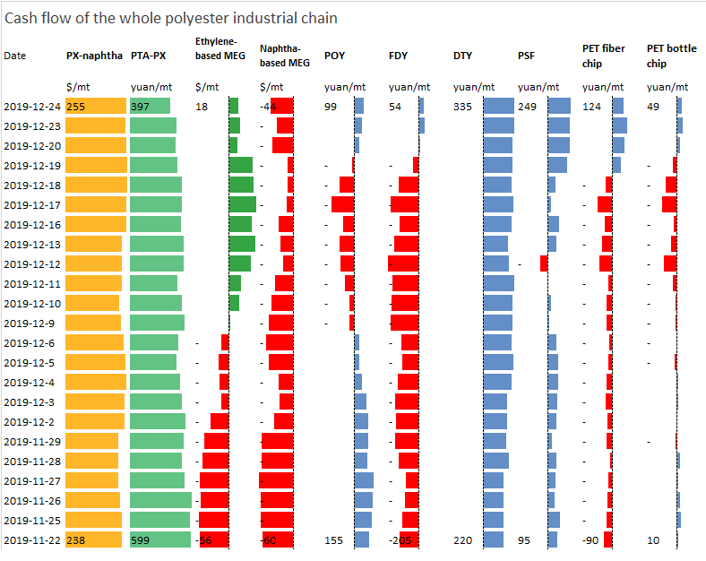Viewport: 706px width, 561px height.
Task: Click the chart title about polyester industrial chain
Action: pyautogui.click(x=172, y=18)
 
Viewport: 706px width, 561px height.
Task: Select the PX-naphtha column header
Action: pyautogui.click(x=94, y=56)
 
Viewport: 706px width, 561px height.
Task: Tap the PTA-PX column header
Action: pyautogui.click(x=149, y=56)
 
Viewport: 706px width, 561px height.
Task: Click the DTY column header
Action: pyautogui.click(x=463, y=56)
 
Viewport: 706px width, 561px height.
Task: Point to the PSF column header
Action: pyautogui.click(x=527, y=56)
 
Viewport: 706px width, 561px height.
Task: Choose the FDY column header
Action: pyautogui.click(x=398, y=56)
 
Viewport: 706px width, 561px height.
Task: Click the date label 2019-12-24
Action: pyautogui.click(x=32, y=107)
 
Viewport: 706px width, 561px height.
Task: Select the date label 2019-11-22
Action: pyautogui.click(x=32, y=540)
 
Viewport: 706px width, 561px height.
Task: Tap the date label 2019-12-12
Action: pyautogui.click(x=32, y=264)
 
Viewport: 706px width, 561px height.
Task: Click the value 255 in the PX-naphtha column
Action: pyautogui.click(x=75, y=107)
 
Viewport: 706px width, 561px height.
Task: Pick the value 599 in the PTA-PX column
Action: pyautogui.click(x=141, y=540)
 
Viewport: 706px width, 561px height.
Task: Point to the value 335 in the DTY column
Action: pyautogui.click(x=463, y=107)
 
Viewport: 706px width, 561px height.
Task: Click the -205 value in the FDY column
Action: pyautogui.click(x=400, y=540)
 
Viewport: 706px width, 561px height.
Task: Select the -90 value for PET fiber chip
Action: pyautogui.click(x=592, y=540)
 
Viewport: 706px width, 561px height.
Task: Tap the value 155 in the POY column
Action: pyautogui.click(x=333, y=540)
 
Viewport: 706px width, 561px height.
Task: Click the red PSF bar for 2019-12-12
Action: pyautogui.click(x=544, y=263)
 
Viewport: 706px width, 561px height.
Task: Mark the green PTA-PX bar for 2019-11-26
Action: pyautogui.click(x=160, y=500)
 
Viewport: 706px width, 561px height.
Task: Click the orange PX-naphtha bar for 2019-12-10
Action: pyautogui.click(x=92, y=303)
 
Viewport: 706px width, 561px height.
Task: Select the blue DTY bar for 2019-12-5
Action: pyautogui.click(x=498, y=362)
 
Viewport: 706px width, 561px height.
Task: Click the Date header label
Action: pyautogui.click(x=15, y=56)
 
